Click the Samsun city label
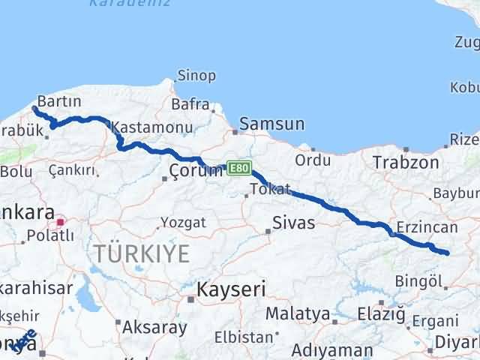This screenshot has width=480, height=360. tap(272, 124)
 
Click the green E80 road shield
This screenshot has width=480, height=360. tap(239, 168)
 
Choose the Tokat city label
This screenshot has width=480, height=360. tap(270, 188)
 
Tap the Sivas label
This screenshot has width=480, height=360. tap(294, 223)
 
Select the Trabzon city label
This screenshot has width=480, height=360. tap(406, 162)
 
